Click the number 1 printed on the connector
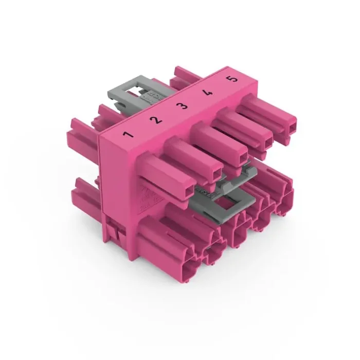tap(128, 136)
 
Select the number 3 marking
tap(182, 106)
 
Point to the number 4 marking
tap(208, 93)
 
